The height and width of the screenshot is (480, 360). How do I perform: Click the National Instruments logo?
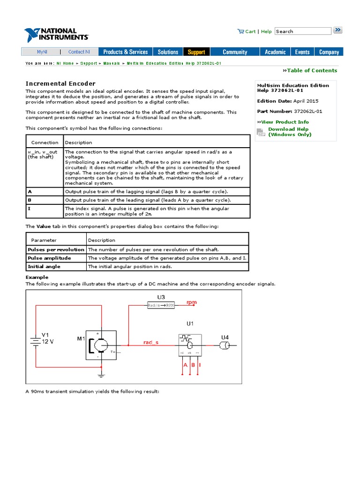(56, 34)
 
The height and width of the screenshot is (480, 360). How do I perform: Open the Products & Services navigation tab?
(125, 52)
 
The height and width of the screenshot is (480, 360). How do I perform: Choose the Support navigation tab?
(196, 52)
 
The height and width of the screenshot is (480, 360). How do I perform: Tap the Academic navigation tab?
(275, 52)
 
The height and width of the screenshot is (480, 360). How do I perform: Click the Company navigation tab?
(329, 52)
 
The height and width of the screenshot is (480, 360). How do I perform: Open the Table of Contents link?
(311, 70)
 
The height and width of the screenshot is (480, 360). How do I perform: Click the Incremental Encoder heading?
(60, 83)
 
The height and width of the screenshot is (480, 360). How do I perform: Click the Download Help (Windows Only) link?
(289, 132)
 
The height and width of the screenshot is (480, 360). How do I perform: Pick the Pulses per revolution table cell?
(56, 249)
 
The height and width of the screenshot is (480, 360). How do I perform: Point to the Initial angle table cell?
(44, 266)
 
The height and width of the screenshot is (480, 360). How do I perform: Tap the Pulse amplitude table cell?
(49, 258)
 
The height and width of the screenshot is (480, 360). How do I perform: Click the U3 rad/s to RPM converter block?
(161, 305)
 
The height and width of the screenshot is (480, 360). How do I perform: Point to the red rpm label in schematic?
(191, 302)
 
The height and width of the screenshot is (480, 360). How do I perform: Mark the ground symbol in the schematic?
(100, 375)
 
